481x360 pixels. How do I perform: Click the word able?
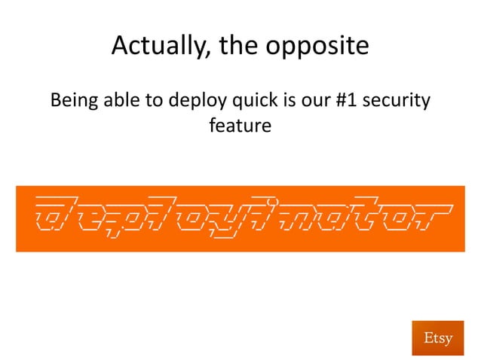(121, 99)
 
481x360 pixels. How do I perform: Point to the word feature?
(240, 125)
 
